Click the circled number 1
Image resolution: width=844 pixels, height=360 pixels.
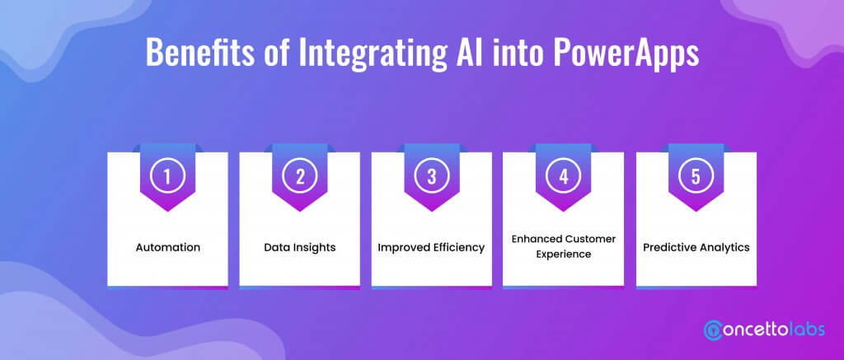tap(167, 176)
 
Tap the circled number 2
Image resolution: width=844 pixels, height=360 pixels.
tap(300, 176)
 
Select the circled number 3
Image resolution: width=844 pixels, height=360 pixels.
tap(432, 176)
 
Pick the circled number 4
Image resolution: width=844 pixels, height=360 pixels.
tap(564, 176)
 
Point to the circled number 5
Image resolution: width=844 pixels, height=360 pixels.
tap(696, 176)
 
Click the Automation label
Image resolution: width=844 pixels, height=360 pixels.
tap(168, 247)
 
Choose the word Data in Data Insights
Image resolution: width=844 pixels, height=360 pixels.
tap(274, 247)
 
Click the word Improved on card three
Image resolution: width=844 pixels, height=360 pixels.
tap(401, 248)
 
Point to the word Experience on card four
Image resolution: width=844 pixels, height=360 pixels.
tap(564, 254)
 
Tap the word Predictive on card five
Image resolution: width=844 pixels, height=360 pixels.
tap(668, 247)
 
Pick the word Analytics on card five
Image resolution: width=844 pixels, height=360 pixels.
tap(723, 248)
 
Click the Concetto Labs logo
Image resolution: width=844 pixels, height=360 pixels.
tap(764, 330)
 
